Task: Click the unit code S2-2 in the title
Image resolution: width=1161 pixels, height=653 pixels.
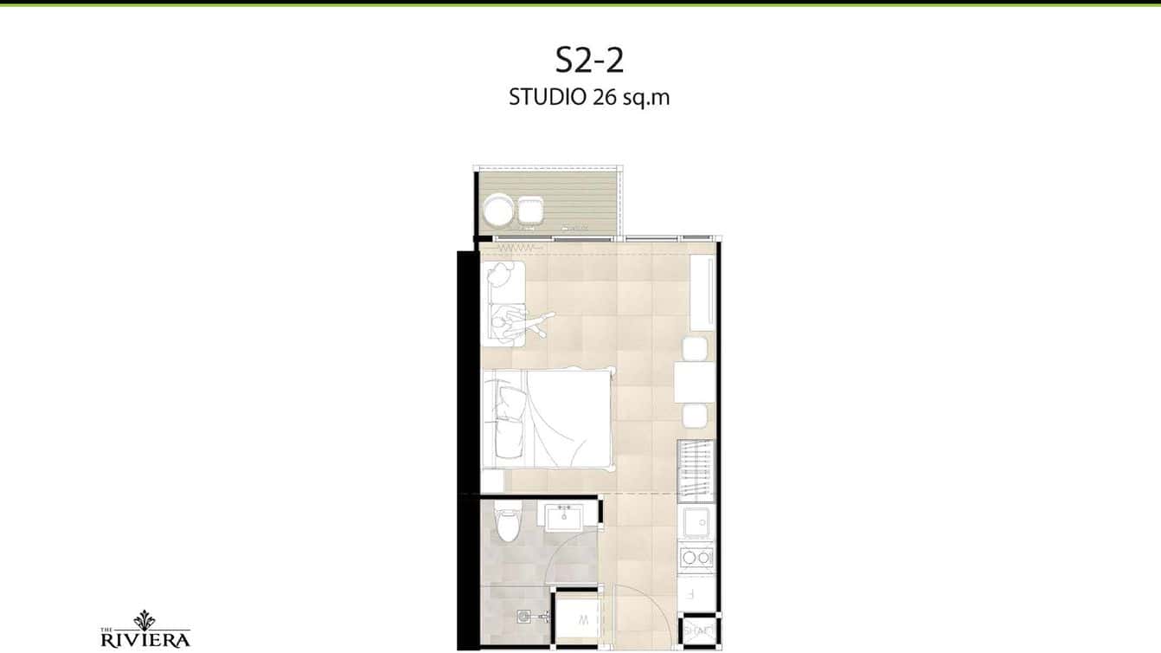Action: (x=589, y=61)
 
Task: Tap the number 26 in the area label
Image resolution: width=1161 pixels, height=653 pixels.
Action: (x=604, y=97)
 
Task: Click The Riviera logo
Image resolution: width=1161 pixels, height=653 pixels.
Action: (x=144, y=630)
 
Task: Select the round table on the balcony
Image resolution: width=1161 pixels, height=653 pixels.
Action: (x=499, y=211)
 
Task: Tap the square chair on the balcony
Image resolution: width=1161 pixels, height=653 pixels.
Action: (x=530, y=210)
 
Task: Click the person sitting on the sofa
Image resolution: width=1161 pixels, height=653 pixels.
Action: (x=522, y=325)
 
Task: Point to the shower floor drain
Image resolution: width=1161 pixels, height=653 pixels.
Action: (x=524, y=617)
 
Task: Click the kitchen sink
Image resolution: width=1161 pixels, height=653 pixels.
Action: (x=696, y=523)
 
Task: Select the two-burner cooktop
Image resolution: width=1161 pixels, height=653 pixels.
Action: (x=696, y=557)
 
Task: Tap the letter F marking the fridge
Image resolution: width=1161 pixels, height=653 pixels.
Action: (x=690, y=594)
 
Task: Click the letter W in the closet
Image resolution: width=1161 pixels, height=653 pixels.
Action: (x=584, y=620)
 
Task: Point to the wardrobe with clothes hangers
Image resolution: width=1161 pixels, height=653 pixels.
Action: (x=696, y=470)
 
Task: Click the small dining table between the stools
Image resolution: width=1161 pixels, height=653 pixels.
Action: (x=695, y=383)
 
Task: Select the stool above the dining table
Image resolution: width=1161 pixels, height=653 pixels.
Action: (x=695, y=349)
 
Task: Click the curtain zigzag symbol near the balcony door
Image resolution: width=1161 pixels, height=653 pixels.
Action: (x=514, y=248)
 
